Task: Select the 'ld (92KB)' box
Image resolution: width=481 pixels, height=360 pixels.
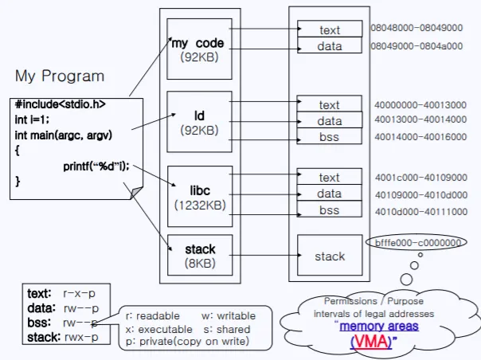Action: coord(199,122)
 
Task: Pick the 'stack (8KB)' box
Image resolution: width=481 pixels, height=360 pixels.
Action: coord(199,255)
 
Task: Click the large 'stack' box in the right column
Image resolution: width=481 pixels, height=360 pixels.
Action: coord(329,256)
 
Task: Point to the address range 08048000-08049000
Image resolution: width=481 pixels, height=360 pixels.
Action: coord(416,28)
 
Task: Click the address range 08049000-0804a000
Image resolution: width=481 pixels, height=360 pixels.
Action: coord(416,45)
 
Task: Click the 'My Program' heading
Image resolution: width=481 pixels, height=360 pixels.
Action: coord(60,76)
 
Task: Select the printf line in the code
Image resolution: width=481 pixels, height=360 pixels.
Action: coord(96,166)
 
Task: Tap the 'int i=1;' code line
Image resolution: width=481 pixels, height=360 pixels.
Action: coord(33,119)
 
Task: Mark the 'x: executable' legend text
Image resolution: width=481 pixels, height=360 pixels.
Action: coord(159,329)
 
